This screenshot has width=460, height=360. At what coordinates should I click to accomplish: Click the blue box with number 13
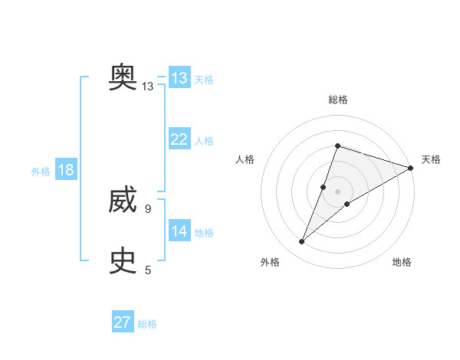click(179, 78)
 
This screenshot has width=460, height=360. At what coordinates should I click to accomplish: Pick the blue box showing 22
click(179, 139)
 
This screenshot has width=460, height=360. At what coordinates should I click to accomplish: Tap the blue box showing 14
click(179, 231)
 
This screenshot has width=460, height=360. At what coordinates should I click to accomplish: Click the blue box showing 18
click(65, 170)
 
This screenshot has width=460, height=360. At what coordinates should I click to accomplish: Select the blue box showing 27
click(122, 322)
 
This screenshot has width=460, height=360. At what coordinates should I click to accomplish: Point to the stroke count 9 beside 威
click(147, 208)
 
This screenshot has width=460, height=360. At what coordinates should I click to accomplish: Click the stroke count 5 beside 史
click(147, 270)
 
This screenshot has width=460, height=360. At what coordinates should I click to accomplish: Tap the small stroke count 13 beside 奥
click(147, 87)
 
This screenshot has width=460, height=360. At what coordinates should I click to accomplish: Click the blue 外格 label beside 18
click(41, 172)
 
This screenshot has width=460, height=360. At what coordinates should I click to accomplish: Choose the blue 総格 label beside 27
click(147, 324)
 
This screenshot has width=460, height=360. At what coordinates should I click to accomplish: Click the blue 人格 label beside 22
click(204, 141)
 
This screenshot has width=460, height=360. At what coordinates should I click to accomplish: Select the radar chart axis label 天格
click(431, 159)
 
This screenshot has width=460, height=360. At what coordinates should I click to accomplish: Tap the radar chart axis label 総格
click(337, 100)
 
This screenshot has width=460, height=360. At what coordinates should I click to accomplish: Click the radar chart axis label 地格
click(402, 262)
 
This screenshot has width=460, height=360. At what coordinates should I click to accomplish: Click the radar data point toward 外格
click(302, 242)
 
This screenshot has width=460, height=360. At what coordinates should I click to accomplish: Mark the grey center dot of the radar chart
click(337, 191)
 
